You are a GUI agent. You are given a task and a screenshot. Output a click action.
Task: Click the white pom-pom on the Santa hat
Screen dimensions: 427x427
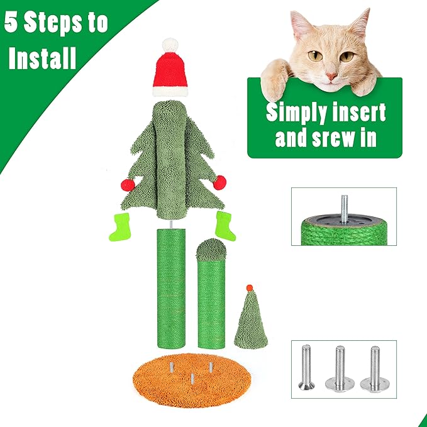click(x=170, y=45)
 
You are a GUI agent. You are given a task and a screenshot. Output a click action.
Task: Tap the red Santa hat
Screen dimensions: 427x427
click(x=170, y=72)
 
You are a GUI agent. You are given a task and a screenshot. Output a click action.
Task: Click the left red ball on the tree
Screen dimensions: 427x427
click(x=128, y=186)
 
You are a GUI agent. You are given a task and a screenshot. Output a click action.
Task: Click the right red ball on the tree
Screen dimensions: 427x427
click(x=219, y=183)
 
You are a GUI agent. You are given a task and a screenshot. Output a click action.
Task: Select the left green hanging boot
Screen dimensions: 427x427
click(x=119, y=226)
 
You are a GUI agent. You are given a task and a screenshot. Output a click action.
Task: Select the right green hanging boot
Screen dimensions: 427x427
click(x=225, y=225)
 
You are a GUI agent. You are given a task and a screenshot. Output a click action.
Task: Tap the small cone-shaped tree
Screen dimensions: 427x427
click(x=250, y=321)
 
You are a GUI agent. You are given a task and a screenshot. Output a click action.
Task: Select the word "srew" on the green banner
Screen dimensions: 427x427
click(x=335, y=138)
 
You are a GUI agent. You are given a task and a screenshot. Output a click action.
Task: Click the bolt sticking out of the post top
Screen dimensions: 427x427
click(x=344, y=205)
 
